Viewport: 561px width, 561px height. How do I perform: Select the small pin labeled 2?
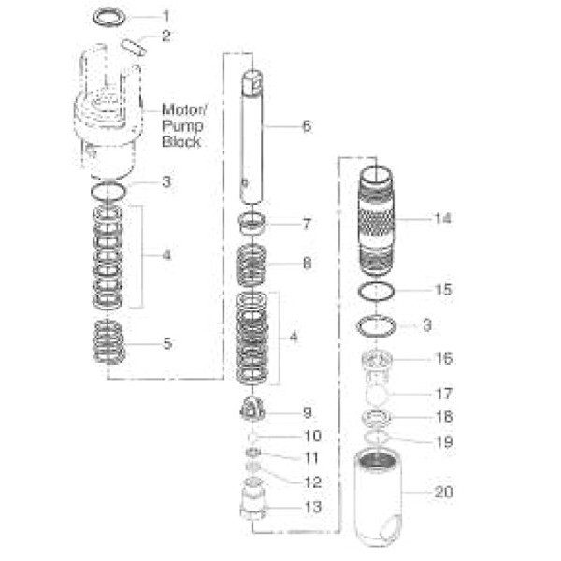pos(133,44)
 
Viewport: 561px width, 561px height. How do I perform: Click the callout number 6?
pos(306,125)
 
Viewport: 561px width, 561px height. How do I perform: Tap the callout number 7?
pos(306,224)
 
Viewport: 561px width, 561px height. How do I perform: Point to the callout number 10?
pos(311,436)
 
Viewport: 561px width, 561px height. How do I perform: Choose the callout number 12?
pos(311,482)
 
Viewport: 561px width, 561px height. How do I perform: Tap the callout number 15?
pos(443,290)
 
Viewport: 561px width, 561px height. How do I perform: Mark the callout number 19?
pos(443,441)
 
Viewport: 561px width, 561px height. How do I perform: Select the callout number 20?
pos(443,490)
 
